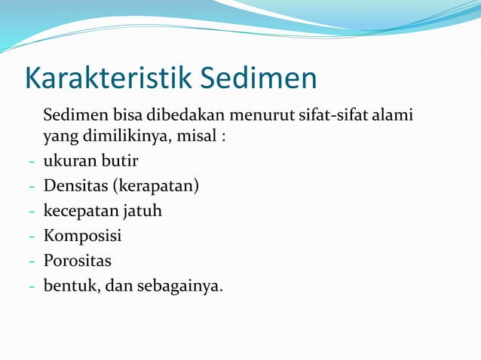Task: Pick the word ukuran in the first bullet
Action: [68, 162]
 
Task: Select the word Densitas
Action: [75, 186]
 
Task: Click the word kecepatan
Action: [79, 212]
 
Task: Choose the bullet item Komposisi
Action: [82, 236]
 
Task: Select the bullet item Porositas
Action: [77, 261]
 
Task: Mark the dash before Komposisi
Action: [31, 237]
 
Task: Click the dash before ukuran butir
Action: [31, 163]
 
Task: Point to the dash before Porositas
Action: [31, 262]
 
